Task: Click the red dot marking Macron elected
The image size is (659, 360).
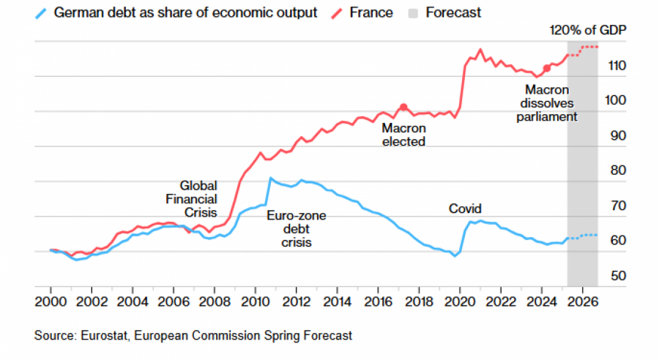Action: (403, 108)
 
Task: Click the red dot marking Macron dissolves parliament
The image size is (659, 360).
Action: (546, 68)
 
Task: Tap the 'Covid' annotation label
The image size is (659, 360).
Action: (465, 209)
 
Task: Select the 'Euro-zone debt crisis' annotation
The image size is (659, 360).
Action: (297, 229)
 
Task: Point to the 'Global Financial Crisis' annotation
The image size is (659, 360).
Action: (198, 199)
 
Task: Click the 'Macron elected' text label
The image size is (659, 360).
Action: (403, 135)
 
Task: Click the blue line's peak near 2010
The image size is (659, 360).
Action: (270, 178)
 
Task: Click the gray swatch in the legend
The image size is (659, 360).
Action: (412, 12)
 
